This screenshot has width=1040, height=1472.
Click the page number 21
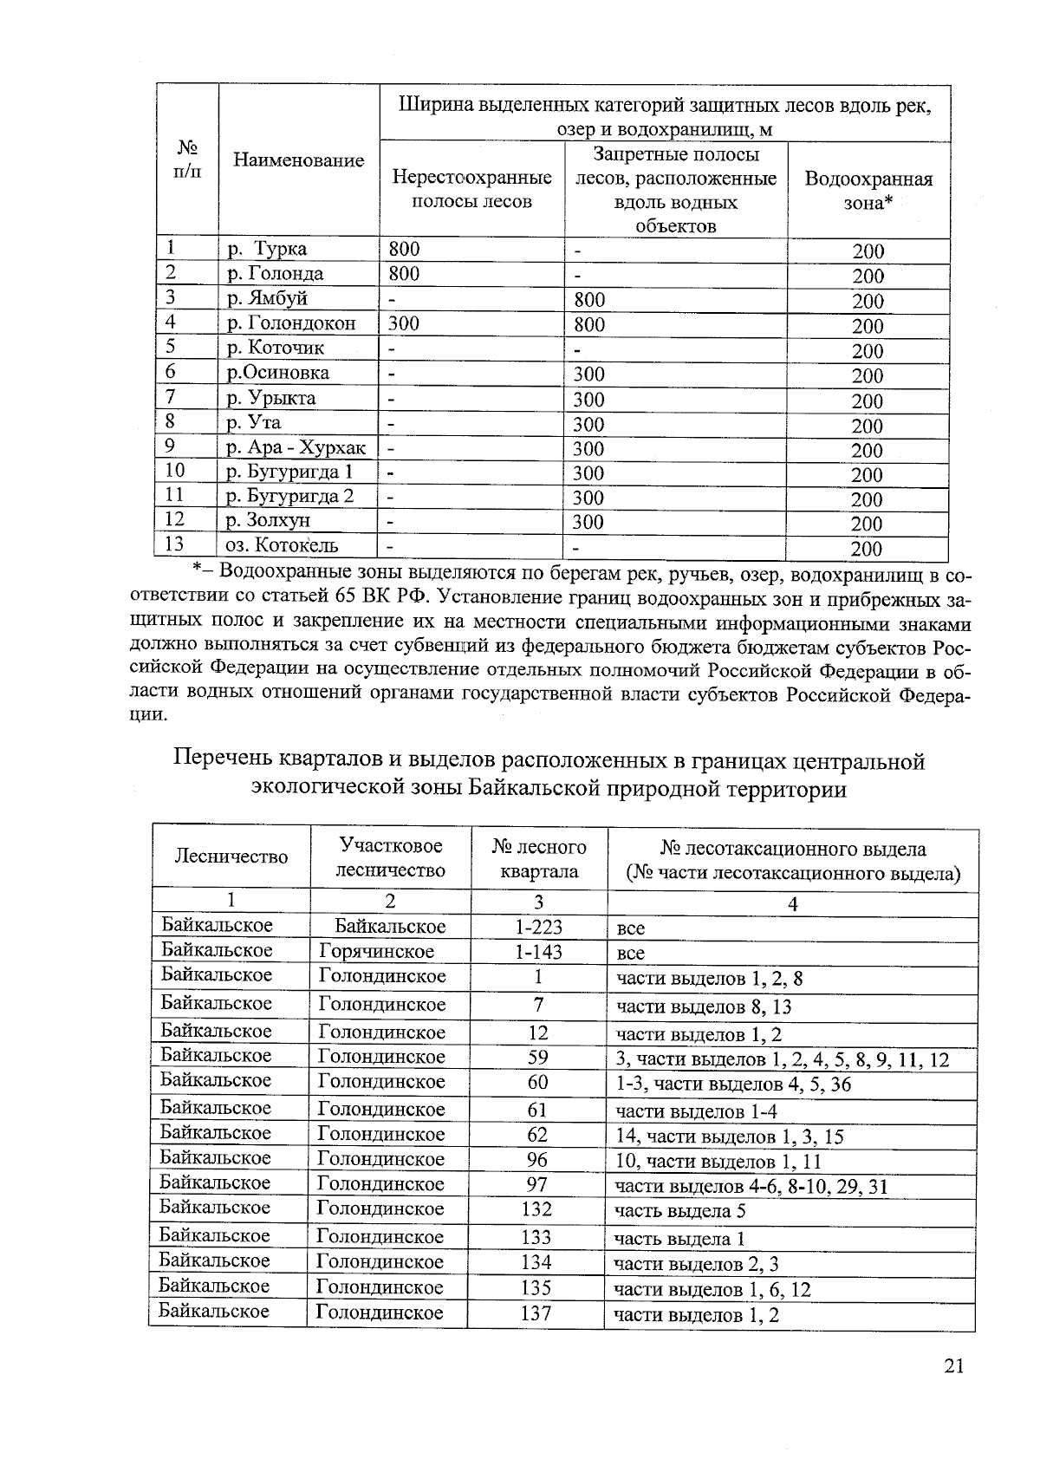(x=953, y=1365)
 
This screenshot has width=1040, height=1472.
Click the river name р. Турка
(x=267, y=249)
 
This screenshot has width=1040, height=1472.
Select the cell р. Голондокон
(x=291, y=323)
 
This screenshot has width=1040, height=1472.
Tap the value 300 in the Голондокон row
(x=404, y=323)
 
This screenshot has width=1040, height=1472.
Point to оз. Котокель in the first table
(x=282, y=545)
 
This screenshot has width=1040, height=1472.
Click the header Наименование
(x=298, y=160)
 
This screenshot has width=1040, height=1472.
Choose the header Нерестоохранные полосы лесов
(x=471, y=189)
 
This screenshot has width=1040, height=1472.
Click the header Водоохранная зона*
(x=868, y=191)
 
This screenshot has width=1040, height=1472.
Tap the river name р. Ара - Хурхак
(x=296, y=448)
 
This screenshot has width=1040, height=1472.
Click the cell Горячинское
(x=377, y=951)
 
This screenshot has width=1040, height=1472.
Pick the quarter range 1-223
(x=538, y=927)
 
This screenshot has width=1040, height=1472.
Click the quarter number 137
(x=536, y=1313)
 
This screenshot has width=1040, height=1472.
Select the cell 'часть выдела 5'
(x=679, y=1210)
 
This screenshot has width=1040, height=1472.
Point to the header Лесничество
(x=231, y=856)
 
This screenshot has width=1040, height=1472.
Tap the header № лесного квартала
(x=539, y=858)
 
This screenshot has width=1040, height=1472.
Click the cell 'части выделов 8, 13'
(x=704, y=1006)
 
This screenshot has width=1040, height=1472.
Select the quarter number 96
(x=537, y=1160)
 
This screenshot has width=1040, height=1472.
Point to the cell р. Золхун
(x=268, y=521)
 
